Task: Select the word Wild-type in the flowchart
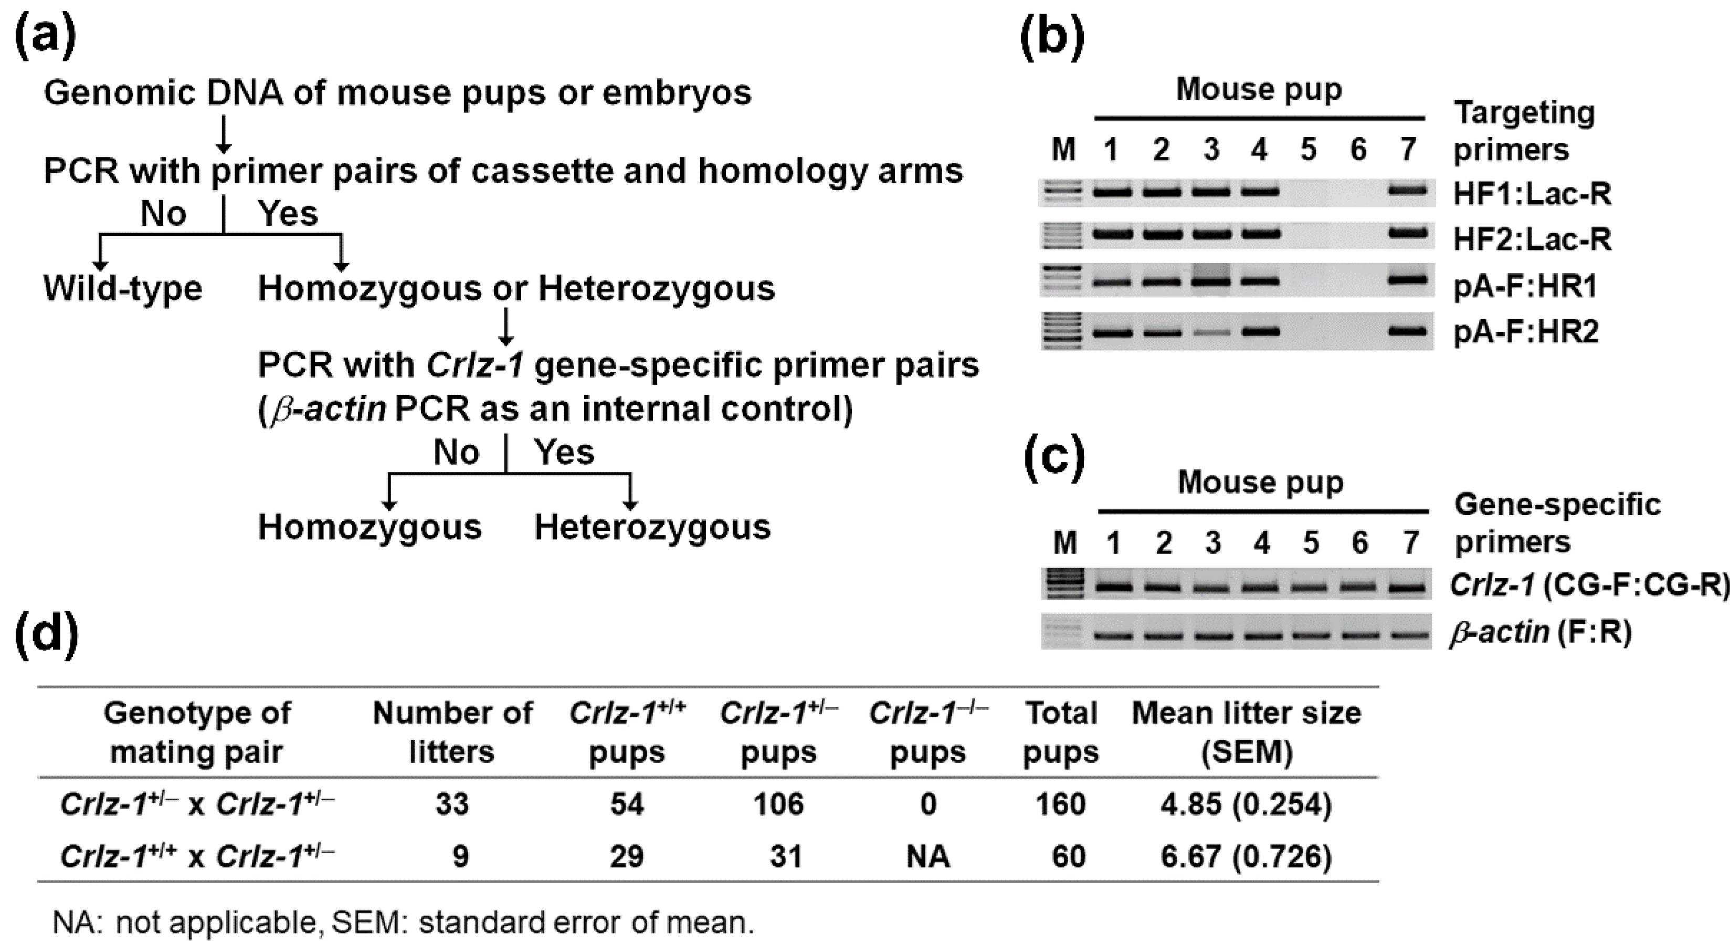(123, 289)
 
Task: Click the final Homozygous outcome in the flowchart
(370, 527)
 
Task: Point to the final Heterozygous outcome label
(652, 527)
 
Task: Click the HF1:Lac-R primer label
(1532, 194)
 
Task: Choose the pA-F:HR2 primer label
(1526, 331)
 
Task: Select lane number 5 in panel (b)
(1308, 149)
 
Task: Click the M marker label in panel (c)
(1065, 542)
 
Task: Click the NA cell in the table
(927, 856)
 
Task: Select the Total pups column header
(1060, 732)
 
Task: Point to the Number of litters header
(452, 732)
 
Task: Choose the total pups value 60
(1068, 856)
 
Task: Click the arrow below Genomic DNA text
(224, 134)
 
